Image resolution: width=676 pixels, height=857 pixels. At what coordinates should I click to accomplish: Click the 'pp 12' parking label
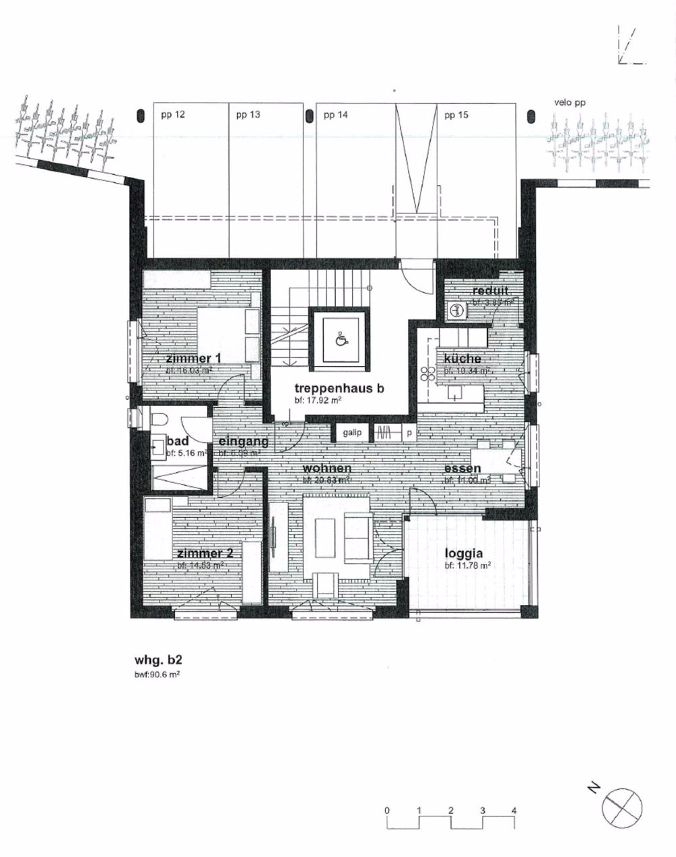[x=173, y=115]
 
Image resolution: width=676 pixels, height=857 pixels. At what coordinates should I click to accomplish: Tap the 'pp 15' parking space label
[x=457, y=115]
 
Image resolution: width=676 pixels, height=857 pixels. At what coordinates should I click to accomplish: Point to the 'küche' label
[x=462, y=359]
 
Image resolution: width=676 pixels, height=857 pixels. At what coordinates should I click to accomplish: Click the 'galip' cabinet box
[x=352, y=432]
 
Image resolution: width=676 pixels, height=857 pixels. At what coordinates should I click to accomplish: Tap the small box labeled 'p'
[x=409, y=432]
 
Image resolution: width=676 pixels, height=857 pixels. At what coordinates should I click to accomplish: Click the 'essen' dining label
[x=462, y=469]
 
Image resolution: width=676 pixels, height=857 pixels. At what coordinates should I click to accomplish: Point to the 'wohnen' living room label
[x=327, y=469]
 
